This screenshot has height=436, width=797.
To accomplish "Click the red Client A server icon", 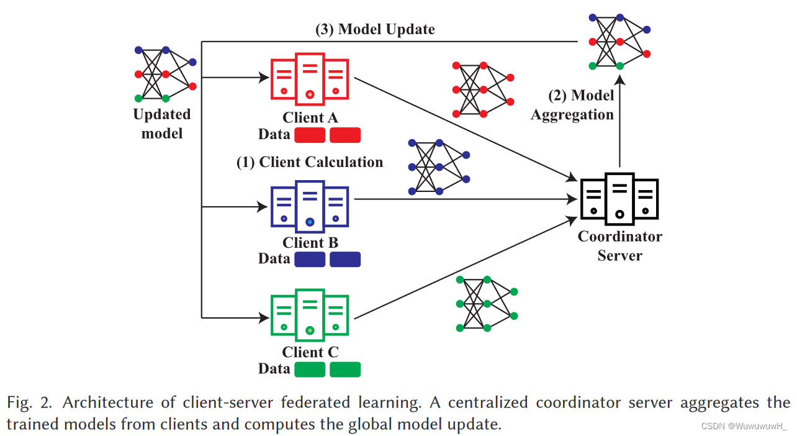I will (309, 78).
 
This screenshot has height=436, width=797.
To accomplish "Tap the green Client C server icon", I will (309, 315).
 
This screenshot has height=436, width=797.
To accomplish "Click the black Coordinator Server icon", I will (619, 198).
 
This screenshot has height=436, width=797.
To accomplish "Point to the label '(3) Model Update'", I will (375, 29).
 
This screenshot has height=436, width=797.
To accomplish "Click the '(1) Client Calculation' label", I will (309, 162).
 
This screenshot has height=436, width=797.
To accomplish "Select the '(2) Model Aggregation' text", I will (573, 105).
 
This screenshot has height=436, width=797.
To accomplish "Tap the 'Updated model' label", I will (162, 124).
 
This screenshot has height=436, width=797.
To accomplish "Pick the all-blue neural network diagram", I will (438, 167).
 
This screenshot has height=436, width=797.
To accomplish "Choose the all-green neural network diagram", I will (487, 304).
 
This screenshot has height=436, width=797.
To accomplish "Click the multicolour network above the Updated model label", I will (165, 73).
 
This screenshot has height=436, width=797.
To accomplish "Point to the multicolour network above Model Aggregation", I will (619, 41).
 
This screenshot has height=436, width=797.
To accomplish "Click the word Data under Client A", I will (274, 134).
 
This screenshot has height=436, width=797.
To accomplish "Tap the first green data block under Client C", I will (310, 370).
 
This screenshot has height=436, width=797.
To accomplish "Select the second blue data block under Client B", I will (345, 259).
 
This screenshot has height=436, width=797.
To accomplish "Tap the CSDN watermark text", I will (744, 426).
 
